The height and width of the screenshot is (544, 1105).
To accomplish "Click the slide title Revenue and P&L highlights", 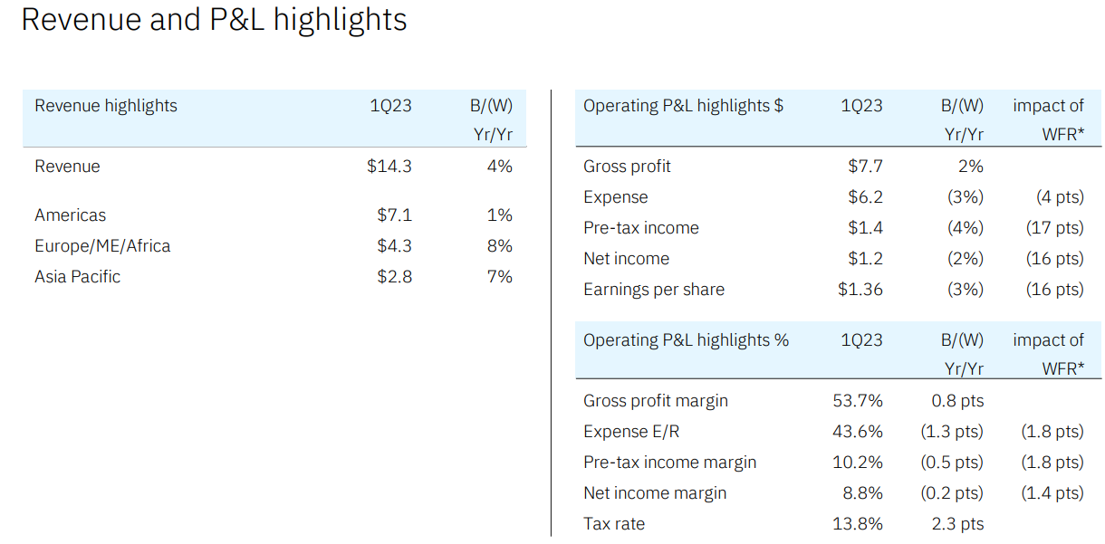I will pos(214,20).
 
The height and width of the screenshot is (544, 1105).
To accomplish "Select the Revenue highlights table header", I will pos(106,106).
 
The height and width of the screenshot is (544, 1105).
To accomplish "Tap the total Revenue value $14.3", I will pos(389,167).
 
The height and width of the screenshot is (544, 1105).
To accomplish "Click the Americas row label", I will pos(70,215).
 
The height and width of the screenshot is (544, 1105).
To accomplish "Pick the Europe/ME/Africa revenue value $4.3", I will pos(394,246).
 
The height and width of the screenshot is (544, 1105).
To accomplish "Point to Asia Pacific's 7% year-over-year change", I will pos(499,277).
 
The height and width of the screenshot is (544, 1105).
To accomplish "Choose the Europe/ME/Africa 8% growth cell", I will pos(499,246).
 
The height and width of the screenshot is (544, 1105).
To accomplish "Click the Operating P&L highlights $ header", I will pos(683,106).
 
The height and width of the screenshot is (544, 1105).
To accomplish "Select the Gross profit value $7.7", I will pos(865,167).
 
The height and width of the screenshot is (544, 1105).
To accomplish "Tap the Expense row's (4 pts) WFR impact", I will pos(1060,197).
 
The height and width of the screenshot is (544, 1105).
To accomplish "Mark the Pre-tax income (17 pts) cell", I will pos(1054,228).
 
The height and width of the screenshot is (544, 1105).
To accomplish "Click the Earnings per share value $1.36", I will pos(860,290).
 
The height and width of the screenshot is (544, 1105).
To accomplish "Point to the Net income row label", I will pos(626,259).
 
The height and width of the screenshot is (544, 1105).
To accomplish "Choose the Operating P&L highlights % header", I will pos(686,340).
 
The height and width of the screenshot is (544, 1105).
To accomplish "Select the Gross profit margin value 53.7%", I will pos(857,401).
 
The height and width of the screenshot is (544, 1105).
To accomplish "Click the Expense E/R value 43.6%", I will pos(857,432).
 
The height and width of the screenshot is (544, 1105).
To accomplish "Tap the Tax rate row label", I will pos(614,524).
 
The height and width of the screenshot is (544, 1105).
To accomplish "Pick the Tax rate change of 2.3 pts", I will pos(957,524).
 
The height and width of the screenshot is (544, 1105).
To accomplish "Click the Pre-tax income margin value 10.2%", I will pos(857,463).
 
